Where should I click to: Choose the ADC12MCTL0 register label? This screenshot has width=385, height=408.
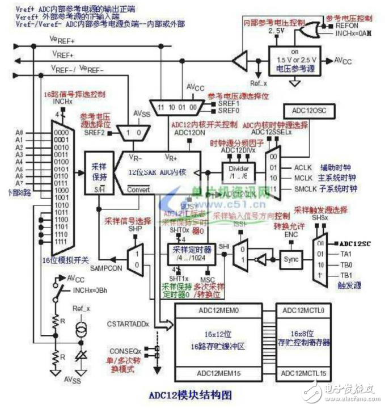[x=303, y=310]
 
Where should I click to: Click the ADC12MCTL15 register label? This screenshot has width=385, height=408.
[x=303, y=373]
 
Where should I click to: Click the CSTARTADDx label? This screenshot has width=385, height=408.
[x=128, y=323]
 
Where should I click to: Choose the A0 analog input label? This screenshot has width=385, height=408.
[x=19, y=132]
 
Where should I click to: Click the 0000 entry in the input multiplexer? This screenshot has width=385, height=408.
[x=61, y=132]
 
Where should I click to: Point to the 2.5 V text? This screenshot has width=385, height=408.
[x=278, y=31]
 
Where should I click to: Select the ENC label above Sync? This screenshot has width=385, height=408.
[x=291, y=233]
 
